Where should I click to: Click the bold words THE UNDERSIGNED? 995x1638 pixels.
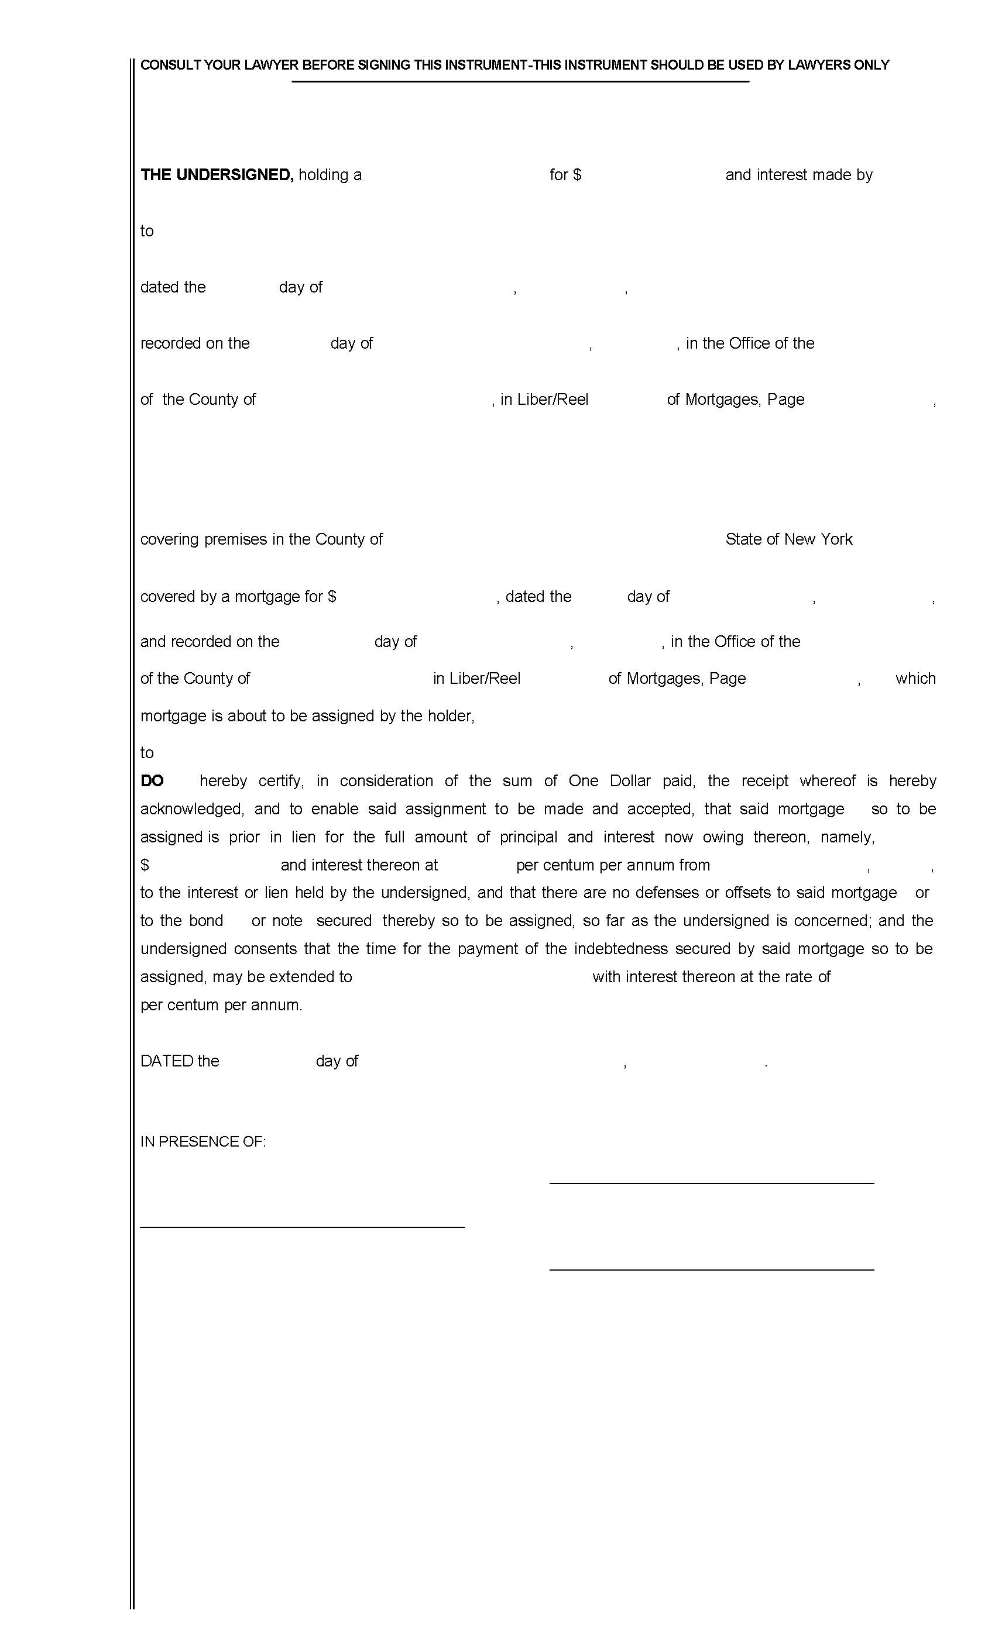click(x=217, y=175)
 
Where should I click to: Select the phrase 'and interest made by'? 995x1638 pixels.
click(x=798, y=175)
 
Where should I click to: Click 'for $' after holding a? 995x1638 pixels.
click(x=565, y=175)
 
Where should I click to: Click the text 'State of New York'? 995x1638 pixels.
click(x=788, y=539)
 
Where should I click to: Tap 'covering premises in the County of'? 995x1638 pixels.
click(x=262, y=539)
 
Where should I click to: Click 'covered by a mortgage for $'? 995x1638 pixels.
click(x=238, y=597)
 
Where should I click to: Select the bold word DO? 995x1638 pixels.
click(x=152, y=781)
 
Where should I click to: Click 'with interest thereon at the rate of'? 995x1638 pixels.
click(x=711, y=977)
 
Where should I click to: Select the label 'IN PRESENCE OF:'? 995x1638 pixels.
click(x=203, y=1142)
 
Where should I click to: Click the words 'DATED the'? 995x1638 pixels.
click(x=180, y=1062)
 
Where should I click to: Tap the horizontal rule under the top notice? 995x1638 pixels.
click(x=520, y=82)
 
